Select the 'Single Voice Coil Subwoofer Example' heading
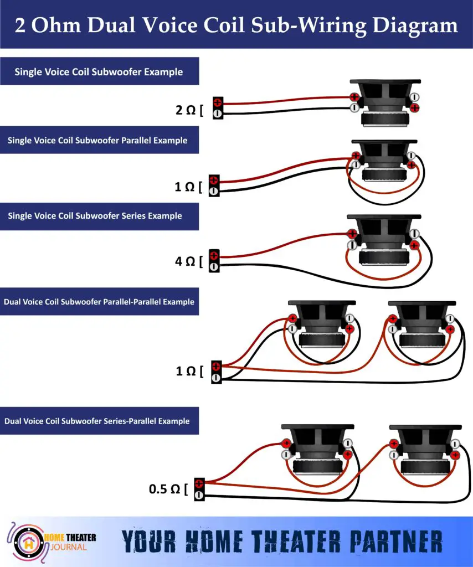tap(99, 71)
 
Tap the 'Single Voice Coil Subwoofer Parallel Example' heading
tap(97, 141)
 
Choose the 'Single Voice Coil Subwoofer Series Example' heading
tap(95, 215)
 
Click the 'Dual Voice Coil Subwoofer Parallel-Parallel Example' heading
tap(99, 302)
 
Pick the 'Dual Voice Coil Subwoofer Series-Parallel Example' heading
tap(97, 421)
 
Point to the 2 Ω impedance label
tap(186, 110)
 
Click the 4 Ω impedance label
tap(186, 261)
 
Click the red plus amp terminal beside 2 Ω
tap(218, 102)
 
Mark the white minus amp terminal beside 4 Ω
tap(214, 267)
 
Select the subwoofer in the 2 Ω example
tap(384, 103)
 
